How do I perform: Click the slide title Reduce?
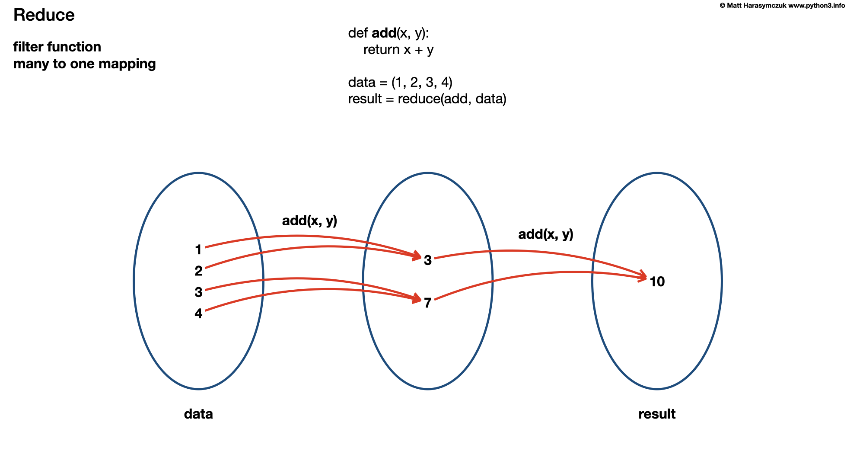(44, 15)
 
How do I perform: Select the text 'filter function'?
(57, 47)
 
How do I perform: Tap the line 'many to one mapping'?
(84, 64)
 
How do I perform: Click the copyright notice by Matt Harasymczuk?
(782, 6)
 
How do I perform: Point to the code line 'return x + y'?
(398, 50)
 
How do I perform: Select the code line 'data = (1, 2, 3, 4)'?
(400, 82)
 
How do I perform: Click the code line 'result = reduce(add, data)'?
(427, 99)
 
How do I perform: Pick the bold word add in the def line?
(384, 33)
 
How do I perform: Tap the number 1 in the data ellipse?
(198, 250)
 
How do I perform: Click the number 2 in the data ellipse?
(198, 271)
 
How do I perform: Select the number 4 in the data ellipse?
(198, 313)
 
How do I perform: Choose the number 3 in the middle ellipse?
(428, 260)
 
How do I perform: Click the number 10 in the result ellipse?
(657, 282)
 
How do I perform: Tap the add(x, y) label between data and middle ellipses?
(309, 221)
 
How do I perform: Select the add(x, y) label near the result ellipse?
(545, 234)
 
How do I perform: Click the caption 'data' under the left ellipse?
(198, 414)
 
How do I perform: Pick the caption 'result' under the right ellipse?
(657, 414)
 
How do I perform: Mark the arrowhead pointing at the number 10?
(643, 277)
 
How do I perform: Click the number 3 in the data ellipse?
(198, 292)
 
